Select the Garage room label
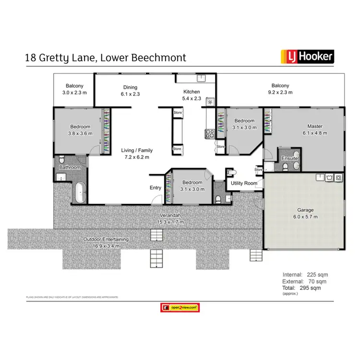tap(305, 210)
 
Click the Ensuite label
tap(290, 158)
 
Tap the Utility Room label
tap(244, 183)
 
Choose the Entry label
tap(156, 188)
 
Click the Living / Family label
tap(137, 150)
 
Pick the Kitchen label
tap(192, 92)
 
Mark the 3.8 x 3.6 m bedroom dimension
tap(80, 133)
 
